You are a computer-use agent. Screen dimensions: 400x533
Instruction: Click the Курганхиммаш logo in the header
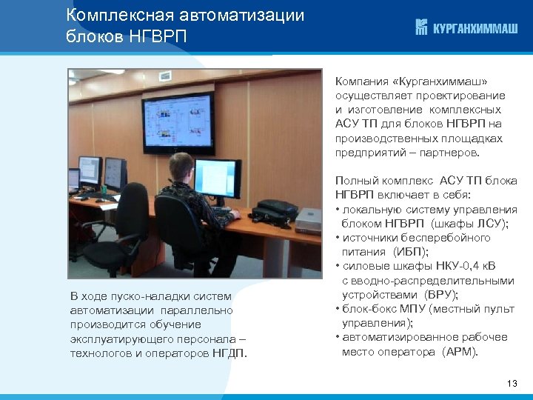pyautogui.click(x=466, y=28)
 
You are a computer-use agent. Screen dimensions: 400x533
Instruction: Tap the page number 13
pyautogui.click(x=512, y=383)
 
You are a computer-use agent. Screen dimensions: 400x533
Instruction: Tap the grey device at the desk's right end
pyautogui.click(x=306, y=219)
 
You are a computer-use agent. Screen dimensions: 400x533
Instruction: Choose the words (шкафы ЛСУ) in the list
pyautogui.click(x=463, y=224)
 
